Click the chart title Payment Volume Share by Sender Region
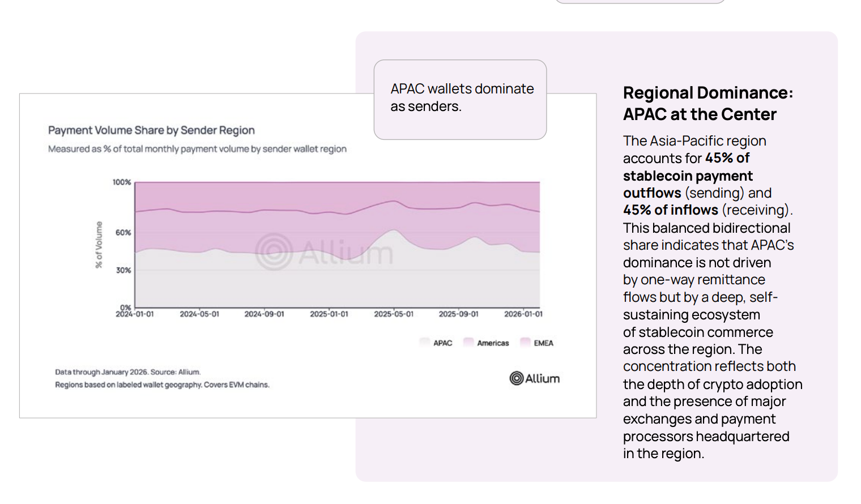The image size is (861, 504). click(151, 130)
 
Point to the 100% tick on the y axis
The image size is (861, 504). click(121, 182)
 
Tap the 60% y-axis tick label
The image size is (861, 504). click(123, 233)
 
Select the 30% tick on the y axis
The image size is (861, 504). click(123, 271)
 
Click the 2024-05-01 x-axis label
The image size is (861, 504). click(199, 314)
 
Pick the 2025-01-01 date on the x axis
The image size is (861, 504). click(329, 314)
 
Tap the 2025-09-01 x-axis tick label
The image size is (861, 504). click(458, 314)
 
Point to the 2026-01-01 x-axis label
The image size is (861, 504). click(523, 314)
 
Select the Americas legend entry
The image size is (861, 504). click(487, 343)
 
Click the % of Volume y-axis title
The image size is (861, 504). click(99, 245)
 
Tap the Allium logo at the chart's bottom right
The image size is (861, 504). click(534, 378)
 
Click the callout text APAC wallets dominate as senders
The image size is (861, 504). click(462, 97)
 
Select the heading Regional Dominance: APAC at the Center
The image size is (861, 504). click(707, 104)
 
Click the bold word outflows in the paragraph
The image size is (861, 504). click(652, 193)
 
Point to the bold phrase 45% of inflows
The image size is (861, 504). click(671, 210)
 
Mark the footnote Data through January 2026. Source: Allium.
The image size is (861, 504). click(127, 372)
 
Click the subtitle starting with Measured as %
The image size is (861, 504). click(197, 149)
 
